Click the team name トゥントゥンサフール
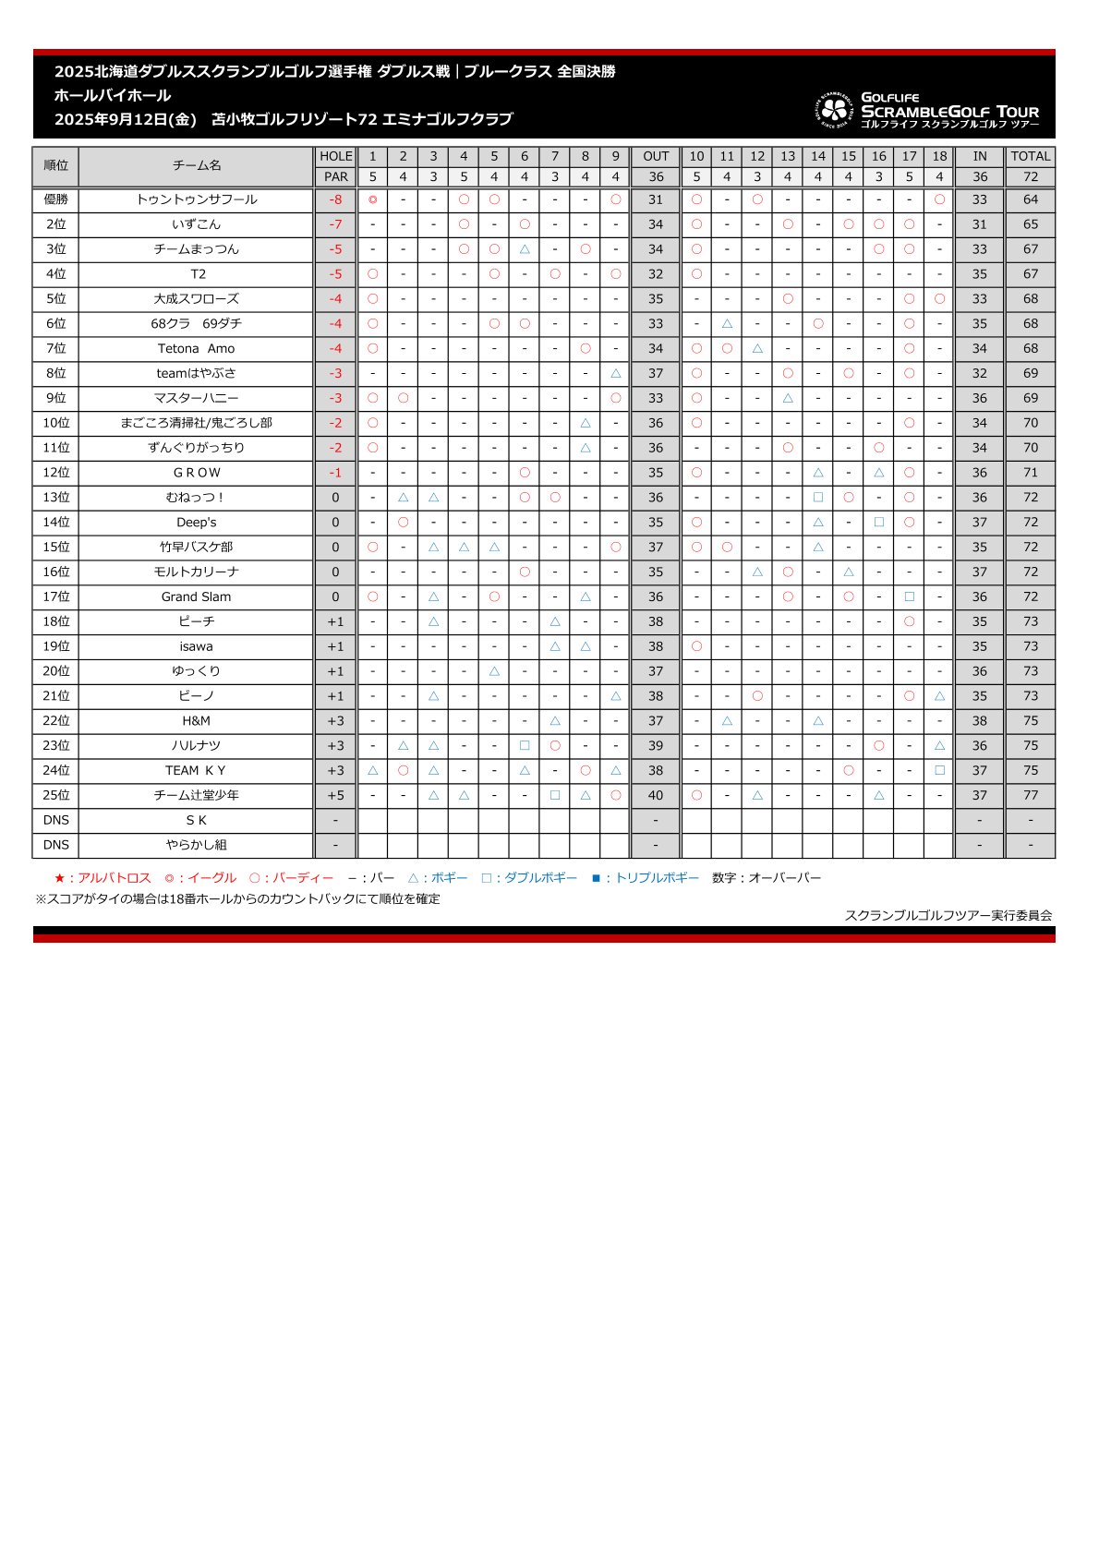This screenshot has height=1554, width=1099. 196,199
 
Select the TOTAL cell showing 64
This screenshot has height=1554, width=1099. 1030,199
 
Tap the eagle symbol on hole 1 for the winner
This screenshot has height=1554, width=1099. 372,199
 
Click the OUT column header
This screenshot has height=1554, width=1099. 656,156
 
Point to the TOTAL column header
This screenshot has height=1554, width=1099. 1030,156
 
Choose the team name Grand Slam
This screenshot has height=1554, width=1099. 196,596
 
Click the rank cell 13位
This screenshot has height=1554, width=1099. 55,498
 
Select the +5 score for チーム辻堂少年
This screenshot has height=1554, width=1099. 335,795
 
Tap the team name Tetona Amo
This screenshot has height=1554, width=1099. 196,348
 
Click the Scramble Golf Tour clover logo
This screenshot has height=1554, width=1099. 834,110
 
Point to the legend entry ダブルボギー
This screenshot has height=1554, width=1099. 530,878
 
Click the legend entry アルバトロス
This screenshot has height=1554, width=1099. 103,878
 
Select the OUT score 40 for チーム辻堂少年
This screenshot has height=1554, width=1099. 656,795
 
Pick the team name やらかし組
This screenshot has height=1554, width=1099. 196,845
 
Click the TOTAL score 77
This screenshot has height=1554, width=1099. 1030,795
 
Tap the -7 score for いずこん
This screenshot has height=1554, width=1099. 335,224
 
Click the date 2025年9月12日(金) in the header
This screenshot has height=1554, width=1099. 126,119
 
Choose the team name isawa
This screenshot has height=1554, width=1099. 196,646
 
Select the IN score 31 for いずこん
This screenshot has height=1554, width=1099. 979,224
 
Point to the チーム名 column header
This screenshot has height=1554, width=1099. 196,165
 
